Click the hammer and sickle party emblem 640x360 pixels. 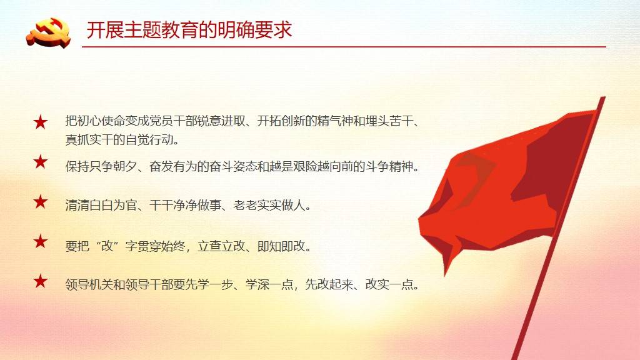click(x=48, y=32)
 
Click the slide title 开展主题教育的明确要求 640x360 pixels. click(x=189, y=30)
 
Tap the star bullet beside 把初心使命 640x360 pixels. click(x=41, y=122)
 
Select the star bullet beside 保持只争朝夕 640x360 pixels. click(x=41, y=162)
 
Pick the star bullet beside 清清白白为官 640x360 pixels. click(x=41, y=202)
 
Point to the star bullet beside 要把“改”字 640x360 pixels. click(x=41, y=241)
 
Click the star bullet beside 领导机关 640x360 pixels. click(x=41, y=281)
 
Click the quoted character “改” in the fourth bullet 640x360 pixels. click(x=107, y=246)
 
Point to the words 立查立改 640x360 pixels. click(x=221, y=246)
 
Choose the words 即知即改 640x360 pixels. click(x=281, y=246)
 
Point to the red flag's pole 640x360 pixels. click(x=558, y=229)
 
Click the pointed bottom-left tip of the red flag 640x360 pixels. click(x=446, y=275)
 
